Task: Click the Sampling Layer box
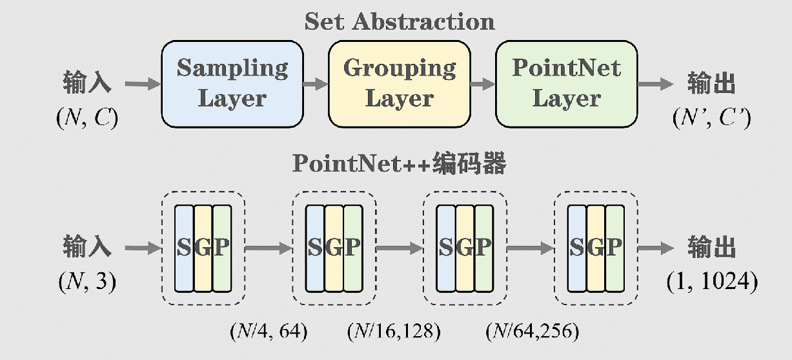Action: coord(232,83)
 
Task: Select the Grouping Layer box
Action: coord(399,83)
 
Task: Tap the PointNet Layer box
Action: coord(566,83)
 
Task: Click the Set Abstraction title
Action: coord(400,21)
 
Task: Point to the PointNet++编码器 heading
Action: coord(400,164)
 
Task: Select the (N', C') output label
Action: coord(711,119)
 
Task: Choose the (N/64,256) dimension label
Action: coord(532,331)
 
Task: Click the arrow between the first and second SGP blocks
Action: coord(269,247)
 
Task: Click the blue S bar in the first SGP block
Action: coord(184,247)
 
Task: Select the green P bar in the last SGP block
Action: coord(615,247)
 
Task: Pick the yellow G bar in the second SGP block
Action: coord(334,247)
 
